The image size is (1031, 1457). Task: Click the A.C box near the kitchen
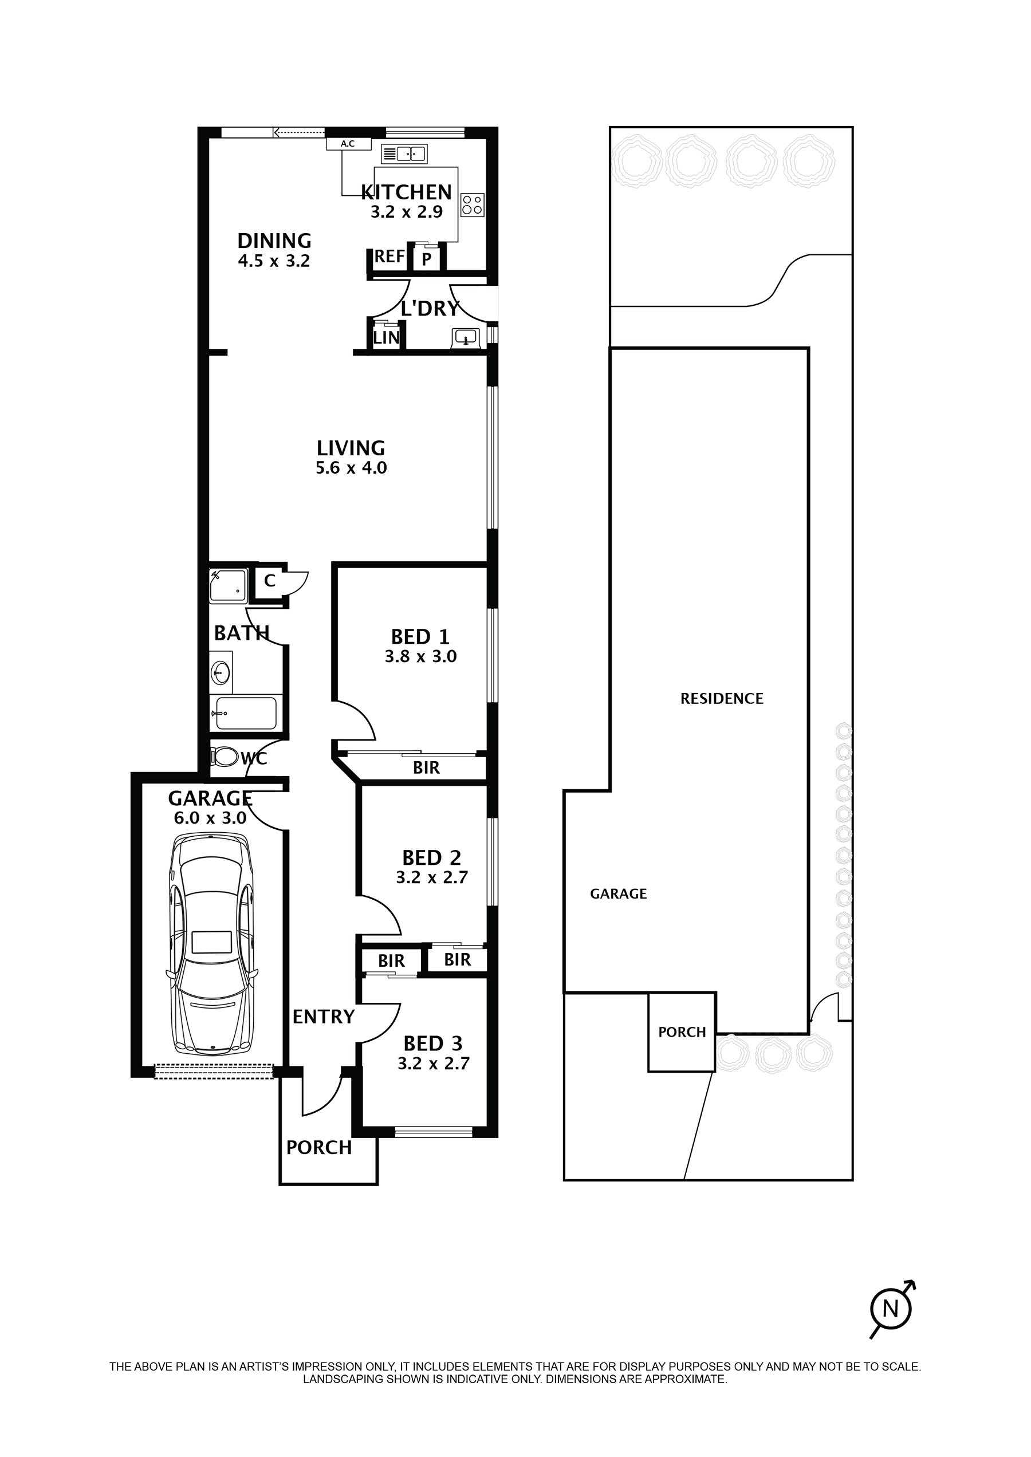coord(348,144)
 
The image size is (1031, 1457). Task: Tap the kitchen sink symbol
coord(404,153)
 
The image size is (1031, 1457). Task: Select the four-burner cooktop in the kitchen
coord(473,204)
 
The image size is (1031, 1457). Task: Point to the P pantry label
coord(427,258)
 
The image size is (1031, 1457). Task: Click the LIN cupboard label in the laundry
coord(386,338)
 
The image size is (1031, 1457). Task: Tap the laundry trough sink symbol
coord(467,338)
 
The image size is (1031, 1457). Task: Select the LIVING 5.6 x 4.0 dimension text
coord(351,468)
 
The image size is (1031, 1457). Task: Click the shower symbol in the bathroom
coord(228,585)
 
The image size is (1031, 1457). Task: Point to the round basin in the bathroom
coord(221,673)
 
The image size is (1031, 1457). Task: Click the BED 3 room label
coord(432,1043)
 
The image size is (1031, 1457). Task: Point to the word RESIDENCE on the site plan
coord(722,699)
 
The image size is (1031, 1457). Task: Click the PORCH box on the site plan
coord(682,1032)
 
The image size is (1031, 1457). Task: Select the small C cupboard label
coord(270,580)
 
